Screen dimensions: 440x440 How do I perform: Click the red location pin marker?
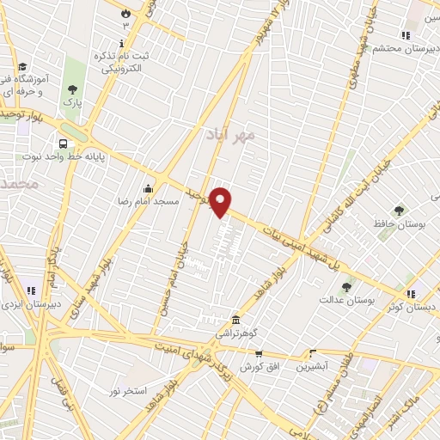(221, 202)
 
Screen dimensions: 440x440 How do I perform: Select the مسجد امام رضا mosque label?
(147, 201)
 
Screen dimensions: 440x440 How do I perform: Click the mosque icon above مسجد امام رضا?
(149, 189)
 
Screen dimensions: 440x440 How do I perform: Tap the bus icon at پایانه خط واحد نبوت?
(63, 144)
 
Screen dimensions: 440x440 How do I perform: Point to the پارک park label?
(70, 101)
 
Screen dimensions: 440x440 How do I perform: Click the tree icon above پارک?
(72, 88)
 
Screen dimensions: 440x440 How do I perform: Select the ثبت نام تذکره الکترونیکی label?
(121, 62)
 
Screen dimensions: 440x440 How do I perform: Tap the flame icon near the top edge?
(126, 14)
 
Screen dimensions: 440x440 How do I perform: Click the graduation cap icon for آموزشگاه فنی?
(21, 66)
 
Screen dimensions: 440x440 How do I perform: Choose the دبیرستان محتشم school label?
(400, 48)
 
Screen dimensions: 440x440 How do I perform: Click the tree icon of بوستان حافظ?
(398, 211)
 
